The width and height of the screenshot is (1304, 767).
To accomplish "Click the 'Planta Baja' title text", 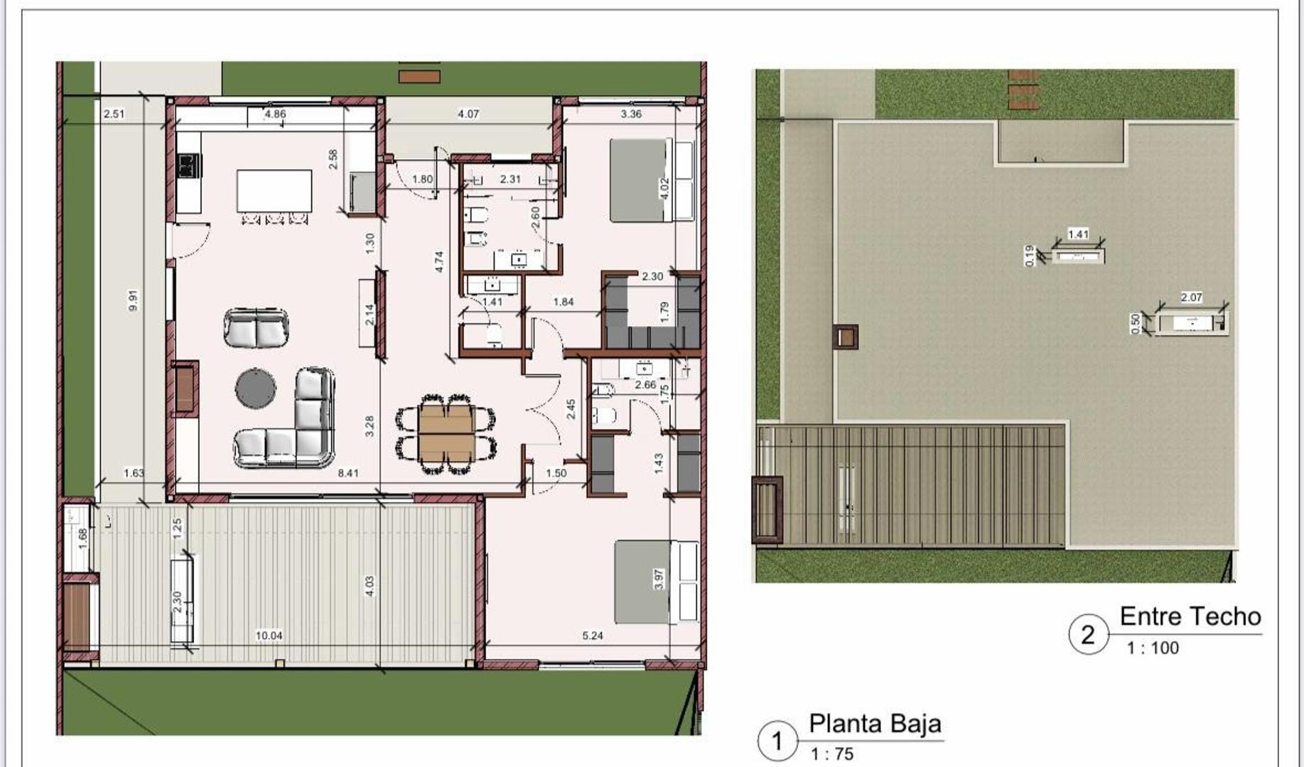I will [x=875, y=724].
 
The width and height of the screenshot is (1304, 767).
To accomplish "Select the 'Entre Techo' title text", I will [x=1190, y=616].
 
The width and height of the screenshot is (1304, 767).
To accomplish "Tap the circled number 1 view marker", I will [x=777, y=741].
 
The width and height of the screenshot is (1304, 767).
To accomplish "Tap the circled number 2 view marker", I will [x=1088, y=634].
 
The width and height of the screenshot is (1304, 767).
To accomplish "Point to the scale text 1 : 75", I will [x=831, y=754].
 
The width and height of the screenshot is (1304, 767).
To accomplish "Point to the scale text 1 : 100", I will [x=1153, y=648].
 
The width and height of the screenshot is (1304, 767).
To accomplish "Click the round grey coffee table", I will [x=256, y=388].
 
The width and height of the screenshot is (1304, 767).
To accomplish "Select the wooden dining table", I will [x=446, y=433].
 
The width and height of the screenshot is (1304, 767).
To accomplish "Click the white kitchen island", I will [x=274, y=191].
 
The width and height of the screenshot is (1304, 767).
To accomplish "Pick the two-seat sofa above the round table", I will [x=256, y=328].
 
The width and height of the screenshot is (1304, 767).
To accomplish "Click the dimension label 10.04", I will [x=269, y=636].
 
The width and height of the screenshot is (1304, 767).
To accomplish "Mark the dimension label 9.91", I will [x=133, y=300].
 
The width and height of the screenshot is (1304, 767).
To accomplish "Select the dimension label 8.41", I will [x=348, y=473].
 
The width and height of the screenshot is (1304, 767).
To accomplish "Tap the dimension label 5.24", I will [x=592, y=636].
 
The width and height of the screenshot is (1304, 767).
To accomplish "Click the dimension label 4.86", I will [x=275, y=114].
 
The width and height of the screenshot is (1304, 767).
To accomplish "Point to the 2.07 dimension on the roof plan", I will [x=1191, y=298].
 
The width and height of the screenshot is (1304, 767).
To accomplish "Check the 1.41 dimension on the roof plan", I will [x=1078, y=234].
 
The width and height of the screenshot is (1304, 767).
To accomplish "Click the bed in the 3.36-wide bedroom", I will [x=641, y=180].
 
